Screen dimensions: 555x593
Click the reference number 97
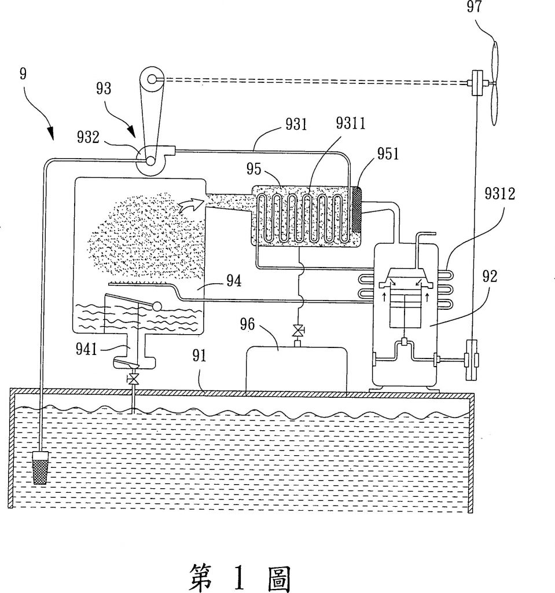tap(474, 6)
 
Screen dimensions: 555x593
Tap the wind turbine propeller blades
tap(494, 83)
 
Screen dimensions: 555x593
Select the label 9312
tap(500, 193)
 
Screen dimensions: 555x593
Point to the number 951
tap(388, 154)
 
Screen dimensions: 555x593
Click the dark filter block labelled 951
tap(356, 210)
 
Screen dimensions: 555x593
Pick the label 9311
tap(351, 123)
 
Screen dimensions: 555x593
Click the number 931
tap(296, 124)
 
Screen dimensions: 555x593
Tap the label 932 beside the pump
tap(88, 137)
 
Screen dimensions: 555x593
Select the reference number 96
tap(247, 324)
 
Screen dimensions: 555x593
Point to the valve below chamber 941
tap(133, 378)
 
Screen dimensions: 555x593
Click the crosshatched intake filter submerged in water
tap(40, 468)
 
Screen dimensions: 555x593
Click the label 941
tap(87, 349)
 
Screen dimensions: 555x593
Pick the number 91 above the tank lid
tap(199, 356)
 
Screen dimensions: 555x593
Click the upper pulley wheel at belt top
tap(152, 79)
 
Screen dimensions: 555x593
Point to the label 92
tap(490, 276)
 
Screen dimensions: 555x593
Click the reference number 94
tap(234, 281)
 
